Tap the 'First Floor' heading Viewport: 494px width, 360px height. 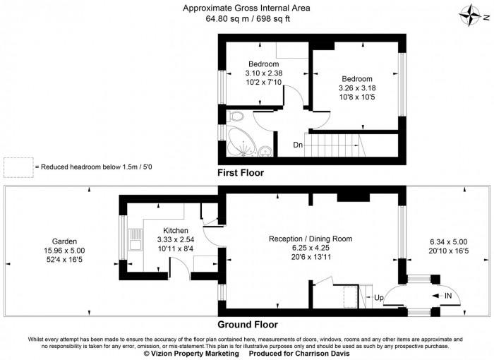point(241,172)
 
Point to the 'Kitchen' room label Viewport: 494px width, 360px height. point(175,231)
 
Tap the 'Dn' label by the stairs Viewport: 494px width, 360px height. point(299,145)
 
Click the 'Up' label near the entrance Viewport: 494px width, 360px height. point(378,298)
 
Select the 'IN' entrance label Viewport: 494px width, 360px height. point(447,296)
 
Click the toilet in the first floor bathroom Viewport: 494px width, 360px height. point(236,116)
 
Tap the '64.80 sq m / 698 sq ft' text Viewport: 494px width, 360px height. point(248,19)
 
